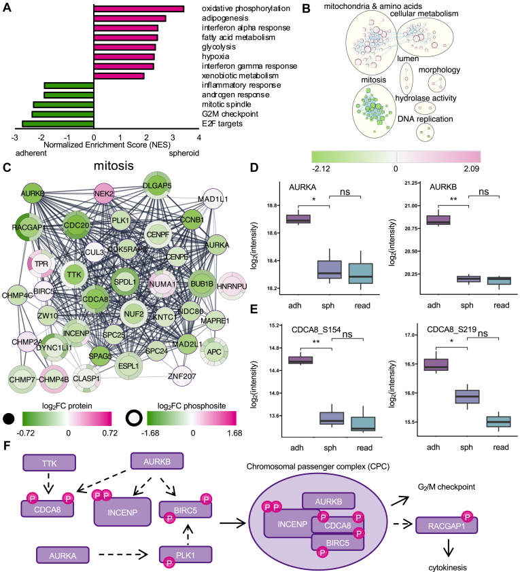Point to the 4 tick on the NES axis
point(198,137)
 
